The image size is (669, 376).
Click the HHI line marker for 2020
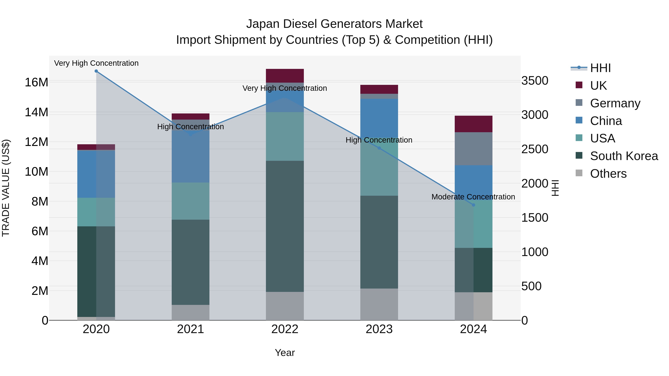click(x=96, y=71)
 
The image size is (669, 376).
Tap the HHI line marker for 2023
click(x=379, y=148)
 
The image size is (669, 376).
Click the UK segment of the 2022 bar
click(x=285, y=76)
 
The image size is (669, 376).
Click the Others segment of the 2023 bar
click(x=379, y=304)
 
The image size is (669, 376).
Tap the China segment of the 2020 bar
click(x=96, y=174)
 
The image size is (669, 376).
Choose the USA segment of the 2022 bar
click(x=285, y=136)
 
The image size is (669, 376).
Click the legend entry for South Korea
click(x=624, y=156)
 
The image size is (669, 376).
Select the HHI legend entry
click(x=600, y=68)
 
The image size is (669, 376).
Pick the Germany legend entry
click(x=615, y=103)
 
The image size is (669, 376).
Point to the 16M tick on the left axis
click(x=36, y=82)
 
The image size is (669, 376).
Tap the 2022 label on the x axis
click(x=285, y=329)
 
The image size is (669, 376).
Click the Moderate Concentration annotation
click(x=473, y=197)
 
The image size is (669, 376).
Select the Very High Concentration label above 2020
click(x=96, y=63)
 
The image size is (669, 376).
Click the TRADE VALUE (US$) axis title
click(x=6, y=188)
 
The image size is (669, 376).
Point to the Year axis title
click(x=285, y=353)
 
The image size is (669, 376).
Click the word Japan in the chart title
click(x=262, y=24)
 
